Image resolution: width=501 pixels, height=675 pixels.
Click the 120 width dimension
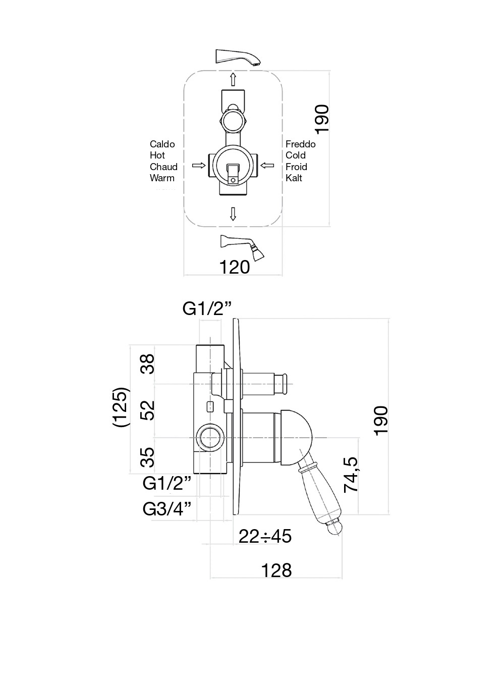[x=235, y=267]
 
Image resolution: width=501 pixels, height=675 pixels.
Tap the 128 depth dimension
[x=276, y=570]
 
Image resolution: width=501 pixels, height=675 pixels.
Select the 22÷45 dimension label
[x=265, y=536]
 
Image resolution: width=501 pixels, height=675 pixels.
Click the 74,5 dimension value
[x=351, y=474]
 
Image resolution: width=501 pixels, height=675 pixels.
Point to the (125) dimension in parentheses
[x=121, y=407]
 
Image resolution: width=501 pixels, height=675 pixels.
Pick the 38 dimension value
[x=147, y=364]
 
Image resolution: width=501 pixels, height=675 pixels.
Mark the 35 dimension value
[x=147, y=457]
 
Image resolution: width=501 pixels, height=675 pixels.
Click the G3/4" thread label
[x=168, y=509]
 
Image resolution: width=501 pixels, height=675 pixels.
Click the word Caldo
[x=162, y=144]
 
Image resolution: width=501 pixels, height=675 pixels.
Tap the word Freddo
[x=300, y=144]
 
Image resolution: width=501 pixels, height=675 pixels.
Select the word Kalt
[x=294, y=178]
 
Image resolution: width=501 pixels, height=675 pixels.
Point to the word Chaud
[x=163, y=167]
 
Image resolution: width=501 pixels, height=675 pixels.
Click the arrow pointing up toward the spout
[x=233, y=79]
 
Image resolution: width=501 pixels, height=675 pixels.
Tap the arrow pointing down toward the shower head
[x=233, y=214]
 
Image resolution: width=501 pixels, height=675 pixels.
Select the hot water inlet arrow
[x=199, y=165]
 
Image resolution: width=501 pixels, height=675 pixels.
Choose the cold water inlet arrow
[x=267, y=165]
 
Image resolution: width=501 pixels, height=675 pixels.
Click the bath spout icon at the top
[x=239, y=57]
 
